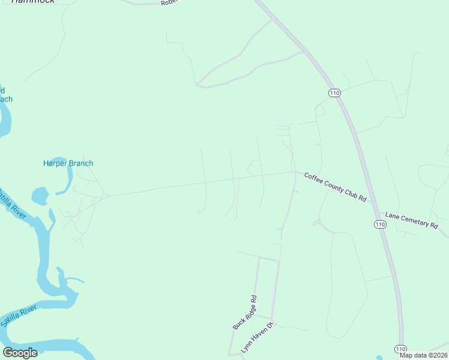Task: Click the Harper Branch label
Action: click(x=68, y=163)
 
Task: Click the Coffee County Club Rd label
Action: click(x=335, y=187)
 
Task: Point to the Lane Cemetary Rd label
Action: click(x=411, y=219)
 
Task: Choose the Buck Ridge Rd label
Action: click(x=245, y=313)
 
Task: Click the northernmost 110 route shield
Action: click(x=334, y=92)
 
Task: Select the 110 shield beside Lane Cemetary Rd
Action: click(x=379, y=224)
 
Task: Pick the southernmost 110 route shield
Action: click(x=400, y=349)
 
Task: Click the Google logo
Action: click(x=20, y=352)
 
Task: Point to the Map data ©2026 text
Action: click(x=423, y=355)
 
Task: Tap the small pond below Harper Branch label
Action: click(x=40, y=196)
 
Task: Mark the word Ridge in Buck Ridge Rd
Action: click(x=244, y=314)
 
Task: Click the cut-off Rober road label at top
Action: click(x=170, y=3)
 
